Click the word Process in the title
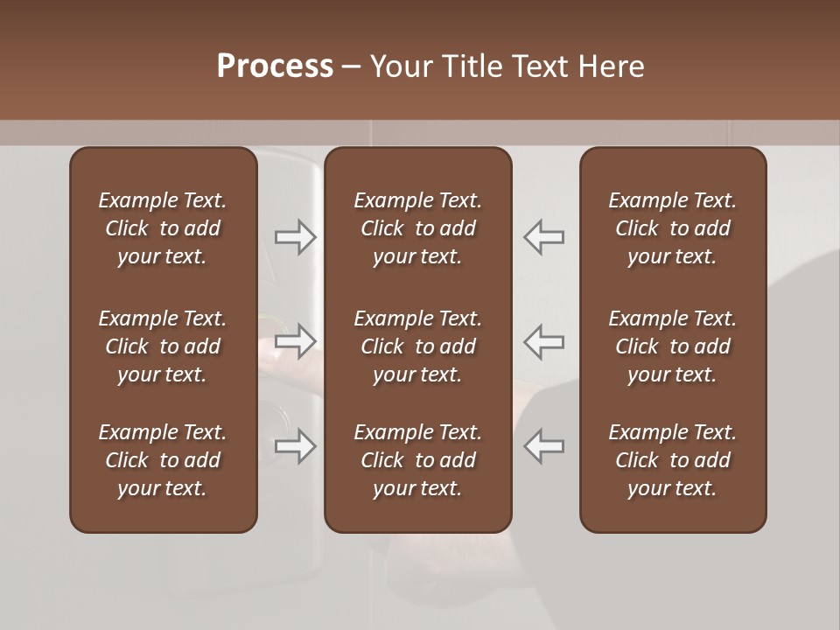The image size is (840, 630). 275,66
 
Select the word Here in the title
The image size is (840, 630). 611,66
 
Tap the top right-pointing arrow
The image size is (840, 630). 295,237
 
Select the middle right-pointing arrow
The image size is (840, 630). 295,341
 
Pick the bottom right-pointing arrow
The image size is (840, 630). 295,446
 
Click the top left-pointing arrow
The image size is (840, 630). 544,237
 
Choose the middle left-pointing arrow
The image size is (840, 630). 544,341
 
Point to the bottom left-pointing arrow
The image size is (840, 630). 544,446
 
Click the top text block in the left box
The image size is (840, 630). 163,228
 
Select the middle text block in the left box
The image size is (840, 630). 163,346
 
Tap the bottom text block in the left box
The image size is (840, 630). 163,460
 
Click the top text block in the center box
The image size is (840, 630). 417,228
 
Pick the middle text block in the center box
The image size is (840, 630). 417,346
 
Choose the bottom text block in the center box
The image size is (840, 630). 417,460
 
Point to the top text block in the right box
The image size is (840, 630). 672,228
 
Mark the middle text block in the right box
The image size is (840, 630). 672,346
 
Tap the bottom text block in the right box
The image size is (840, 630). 672,460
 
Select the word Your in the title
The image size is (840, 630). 398,66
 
